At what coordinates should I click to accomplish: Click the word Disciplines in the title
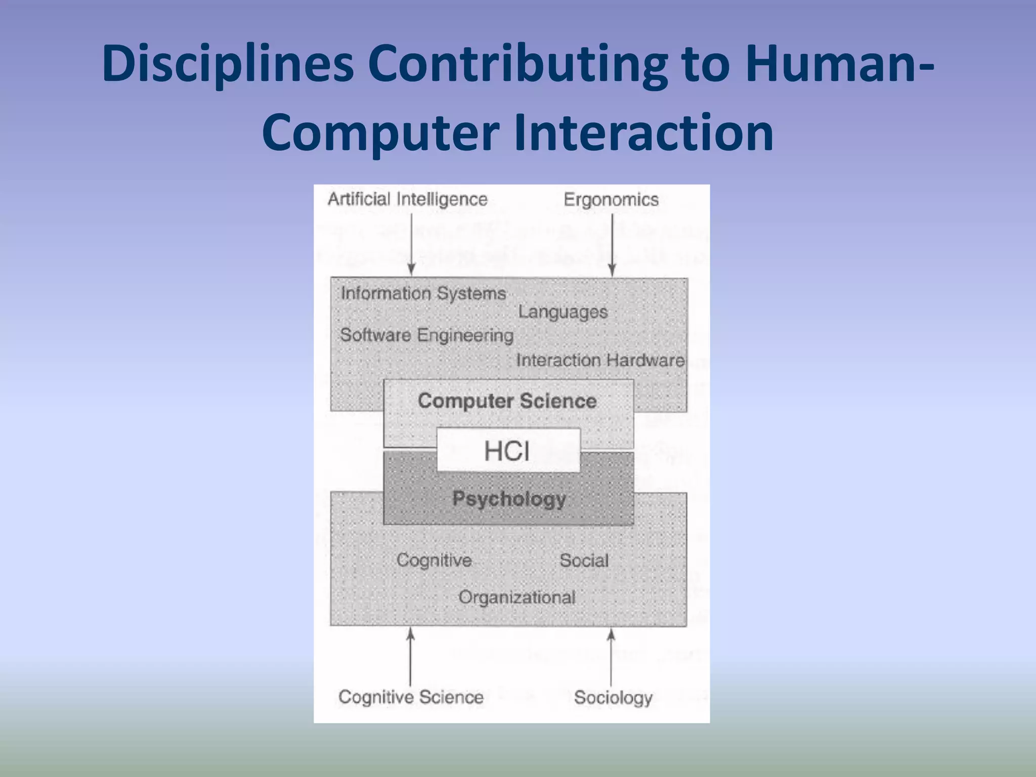click(228, 65)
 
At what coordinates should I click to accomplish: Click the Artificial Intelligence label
click(407, 199)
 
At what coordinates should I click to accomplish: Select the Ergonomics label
click(611, 200)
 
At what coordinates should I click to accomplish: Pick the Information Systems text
click(423, 293)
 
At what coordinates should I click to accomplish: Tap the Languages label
click(563, 312)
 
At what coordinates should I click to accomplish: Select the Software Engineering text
click(426, 335)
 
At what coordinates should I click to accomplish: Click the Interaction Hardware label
click(600, 360)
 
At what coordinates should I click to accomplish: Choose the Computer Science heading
click(507, 401)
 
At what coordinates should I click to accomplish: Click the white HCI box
click(507, 450)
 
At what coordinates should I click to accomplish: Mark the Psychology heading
click(509, 499)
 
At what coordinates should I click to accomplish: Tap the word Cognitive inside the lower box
click(434, 560)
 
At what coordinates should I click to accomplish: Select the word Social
click(584, 560)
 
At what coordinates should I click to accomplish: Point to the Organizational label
click(517, 597)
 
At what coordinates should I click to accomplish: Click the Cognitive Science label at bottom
click(411, 697)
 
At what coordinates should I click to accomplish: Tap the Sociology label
click(613, 698)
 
